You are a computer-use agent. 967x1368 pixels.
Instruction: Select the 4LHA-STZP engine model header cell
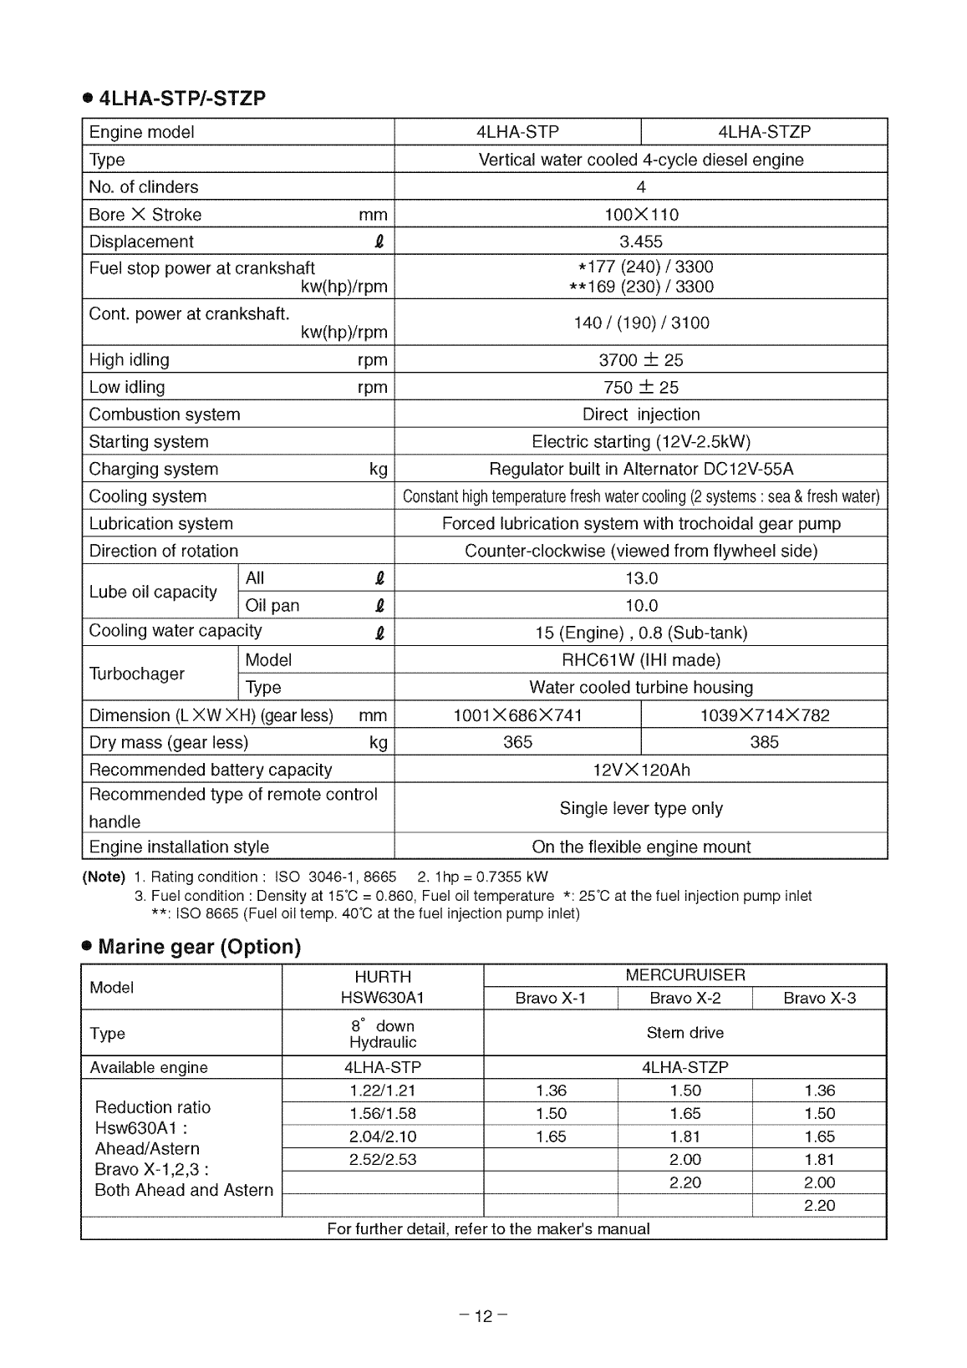(764, 132)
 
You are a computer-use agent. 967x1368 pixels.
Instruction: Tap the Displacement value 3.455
(640, 242)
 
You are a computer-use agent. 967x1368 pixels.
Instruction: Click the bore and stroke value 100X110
(640, 215)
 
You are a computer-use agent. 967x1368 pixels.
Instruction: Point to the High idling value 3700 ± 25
(640, 360)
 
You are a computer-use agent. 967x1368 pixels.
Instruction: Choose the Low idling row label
(127, 387)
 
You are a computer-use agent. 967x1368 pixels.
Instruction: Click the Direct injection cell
(640, 414)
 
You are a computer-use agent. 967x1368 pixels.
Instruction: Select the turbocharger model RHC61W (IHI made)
(640, 660)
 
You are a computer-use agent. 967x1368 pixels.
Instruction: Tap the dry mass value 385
(764, 742)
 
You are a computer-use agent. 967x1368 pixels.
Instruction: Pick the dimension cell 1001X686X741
(517, 715)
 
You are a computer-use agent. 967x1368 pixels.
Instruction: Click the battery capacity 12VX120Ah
(640, 770)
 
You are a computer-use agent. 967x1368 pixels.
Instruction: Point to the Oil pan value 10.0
(640, 605)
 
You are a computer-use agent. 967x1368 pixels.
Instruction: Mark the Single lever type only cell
(640, 808)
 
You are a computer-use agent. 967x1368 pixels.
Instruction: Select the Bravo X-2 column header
(685, 999)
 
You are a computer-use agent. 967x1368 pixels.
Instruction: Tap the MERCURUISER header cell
(685, 975)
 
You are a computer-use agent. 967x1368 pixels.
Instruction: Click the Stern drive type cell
(685, 1033)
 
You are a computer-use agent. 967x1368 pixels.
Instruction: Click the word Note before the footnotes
(104, 877)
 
